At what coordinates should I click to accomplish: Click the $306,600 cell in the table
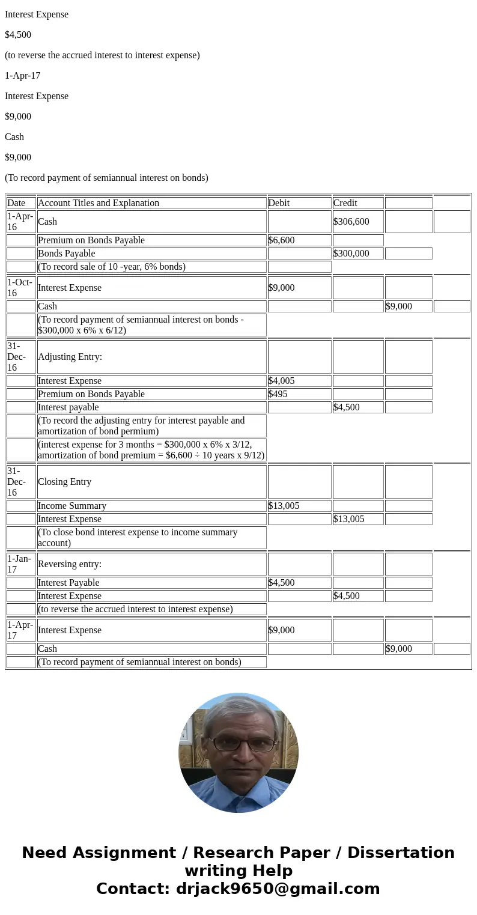click(x=351, y=222)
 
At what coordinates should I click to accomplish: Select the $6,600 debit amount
click(x=282, y=240)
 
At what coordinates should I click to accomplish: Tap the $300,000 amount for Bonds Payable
click(x=351, y=254)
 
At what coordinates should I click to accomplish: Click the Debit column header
click(x=279, y=203)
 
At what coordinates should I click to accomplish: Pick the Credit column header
click(x=345, y=203)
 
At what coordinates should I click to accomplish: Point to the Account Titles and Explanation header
click(x=99, y=203)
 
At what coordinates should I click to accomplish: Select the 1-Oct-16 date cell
click(x=20, y=288)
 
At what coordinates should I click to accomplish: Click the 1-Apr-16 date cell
click(x=20, y=222)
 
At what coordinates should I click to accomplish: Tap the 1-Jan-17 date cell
click(x=20, y=564)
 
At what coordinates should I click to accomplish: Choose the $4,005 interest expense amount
click(x=282, y=381)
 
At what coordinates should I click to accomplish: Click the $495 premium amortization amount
click(x=278, y=394)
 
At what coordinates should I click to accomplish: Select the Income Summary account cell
click(x=72, y=506)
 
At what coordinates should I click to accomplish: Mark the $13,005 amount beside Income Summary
click(x=284, y=506)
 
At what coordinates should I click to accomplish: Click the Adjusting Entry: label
click(x=70, y=357)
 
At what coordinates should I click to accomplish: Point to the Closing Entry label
click(x=65, y=482)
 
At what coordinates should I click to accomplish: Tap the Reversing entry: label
click(x=70, y=564)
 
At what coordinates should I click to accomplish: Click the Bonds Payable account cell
click(x=67, y=254)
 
